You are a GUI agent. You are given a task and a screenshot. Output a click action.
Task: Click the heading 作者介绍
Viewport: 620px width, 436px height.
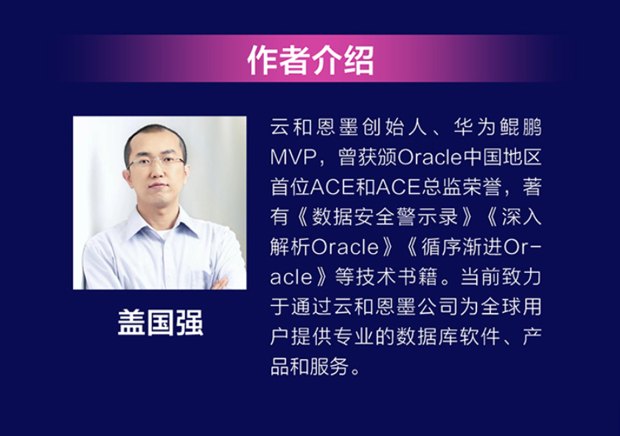[310, 60]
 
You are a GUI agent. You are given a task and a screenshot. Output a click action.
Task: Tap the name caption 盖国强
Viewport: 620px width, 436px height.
[161, 323]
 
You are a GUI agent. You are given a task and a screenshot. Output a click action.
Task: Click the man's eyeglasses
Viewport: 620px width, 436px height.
[156, 162]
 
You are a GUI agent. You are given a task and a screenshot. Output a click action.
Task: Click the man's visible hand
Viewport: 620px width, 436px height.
[220, 283]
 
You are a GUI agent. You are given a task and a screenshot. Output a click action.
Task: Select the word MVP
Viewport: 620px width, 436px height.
[294, 157]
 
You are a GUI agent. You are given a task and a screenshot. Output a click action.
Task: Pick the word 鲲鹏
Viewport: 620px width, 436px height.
[520, 128]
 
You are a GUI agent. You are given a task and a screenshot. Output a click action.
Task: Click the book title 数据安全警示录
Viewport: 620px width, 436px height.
[385, 217]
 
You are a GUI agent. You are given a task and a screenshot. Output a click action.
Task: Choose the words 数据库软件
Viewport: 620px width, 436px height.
[447, 336]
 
